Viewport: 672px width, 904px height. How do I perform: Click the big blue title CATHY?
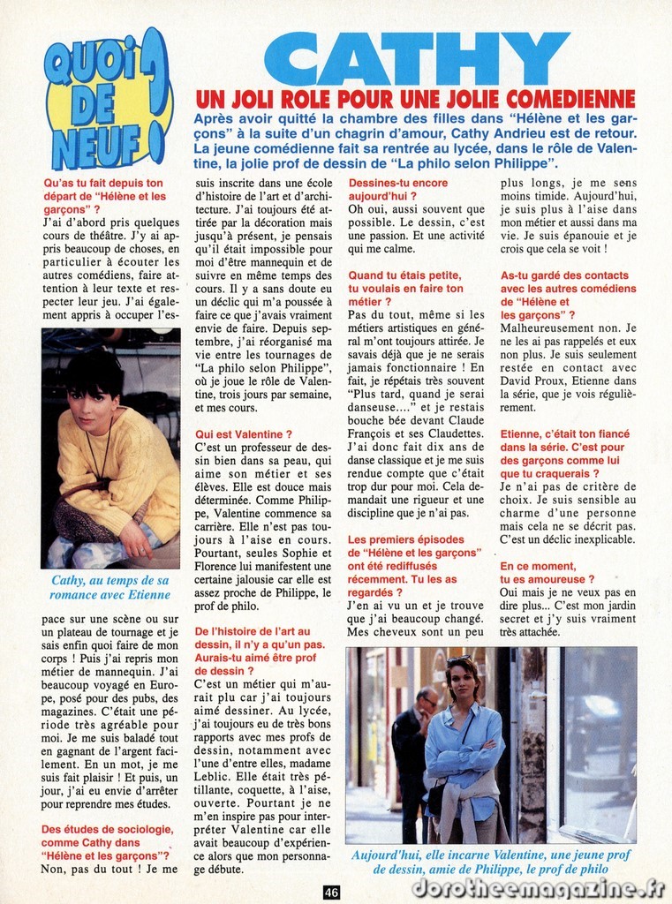(416, 58)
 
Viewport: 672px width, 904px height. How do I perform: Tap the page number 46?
(331, 892)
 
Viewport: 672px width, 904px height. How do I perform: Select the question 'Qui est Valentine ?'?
(243, 435)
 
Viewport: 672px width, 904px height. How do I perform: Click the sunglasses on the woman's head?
(460, 660)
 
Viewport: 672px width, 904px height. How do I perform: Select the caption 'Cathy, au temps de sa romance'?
(109, 587)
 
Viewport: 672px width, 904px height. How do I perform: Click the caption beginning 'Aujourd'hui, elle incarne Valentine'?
(491, 863)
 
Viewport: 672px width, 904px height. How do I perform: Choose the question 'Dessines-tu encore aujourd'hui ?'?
(397, 190)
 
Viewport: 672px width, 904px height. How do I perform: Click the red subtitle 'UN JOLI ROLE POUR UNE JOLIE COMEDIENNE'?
(415, 99)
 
